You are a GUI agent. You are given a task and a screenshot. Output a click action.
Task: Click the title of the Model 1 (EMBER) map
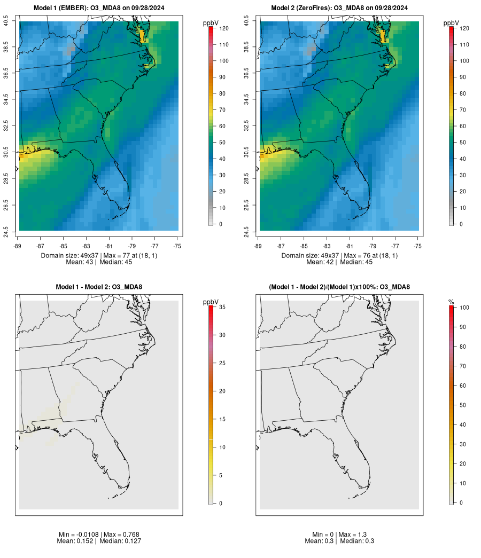pyautogui.click(x=99, y=8)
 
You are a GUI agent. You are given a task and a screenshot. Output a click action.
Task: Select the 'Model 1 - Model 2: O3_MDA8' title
pyautogui.click(x=99, y=287)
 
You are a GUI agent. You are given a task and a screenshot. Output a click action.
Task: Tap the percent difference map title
pyautogui.click(x=339, y=287)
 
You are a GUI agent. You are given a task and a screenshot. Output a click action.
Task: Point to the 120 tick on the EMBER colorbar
pyautogui.click(x=224, y=28)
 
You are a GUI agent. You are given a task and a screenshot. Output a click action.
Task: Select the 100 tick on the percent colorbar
pyautogui.click(x=464, y=308)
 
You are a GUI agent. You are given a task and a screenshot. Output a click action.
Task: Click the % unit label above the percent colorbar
pyautogui.click(x=451, y=302)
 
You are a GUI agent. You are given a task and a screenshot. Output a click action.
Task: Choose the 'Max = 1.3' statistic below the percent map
pyautogui.click(x=353, y=535)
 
